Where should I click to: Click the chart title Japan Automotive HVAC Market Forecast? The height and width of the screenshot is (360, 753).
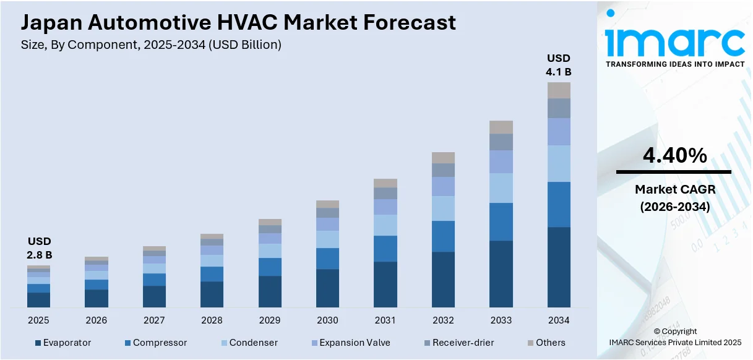[238, 23]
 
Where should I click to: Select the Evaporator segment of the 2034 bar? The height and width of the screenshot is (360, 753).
[559, 267]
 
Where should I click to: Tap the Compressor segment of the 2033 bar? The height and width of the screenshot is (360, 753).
[501, 221]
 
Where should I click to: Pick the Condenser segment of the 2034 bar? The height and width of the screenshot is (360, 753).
[559, 163]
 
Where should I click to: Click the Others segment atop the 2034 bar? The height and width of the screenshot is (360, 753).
[559, 90]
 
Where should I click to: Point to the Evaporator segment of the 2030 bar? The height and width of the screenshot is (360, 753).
[327, 288]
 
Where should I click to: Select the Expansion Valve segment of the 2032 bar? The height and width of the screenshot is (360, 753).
[443, 186]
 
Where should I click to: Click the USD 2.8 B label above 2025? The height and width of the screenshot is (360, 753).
[38, 247]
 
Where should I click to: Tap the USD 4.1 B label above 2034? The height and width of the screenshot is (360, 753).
[558, 65]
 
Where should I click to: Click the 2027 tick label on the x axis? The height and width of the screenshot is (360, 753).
[154, 320]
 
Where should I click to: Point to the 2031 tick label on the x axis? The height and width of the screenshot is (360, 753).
[385, 320]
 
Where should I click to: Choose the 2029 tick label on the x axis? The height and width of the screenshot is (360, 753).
[270, 320]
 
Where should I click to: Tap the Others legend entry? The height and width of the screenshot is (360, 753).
[546, 343]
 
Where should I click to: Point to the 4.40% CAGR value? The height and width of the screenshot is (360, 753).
[674, 156]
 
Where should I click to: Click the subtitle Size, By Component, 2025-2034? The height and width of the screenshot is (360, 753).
[151, 45]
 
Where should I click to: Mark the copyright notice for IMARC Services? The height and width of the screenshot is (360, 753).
[674, 336]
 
